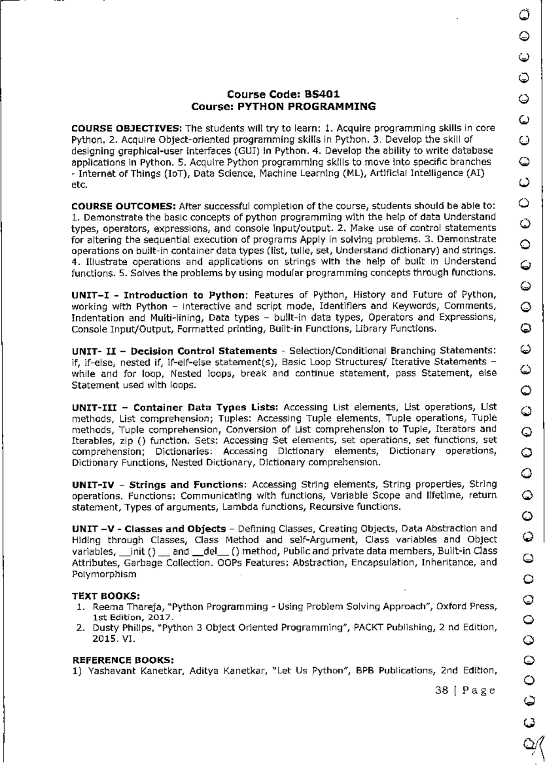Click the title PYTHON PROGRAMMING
pos(307,107)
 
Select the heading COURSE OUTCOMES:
pos(125,206)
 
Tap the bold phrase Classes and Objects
pos(175,529)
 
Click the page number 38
pos(441,691)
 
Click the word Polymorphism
pos(104,574)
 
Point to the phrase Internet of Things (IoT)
pos(134,173)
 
